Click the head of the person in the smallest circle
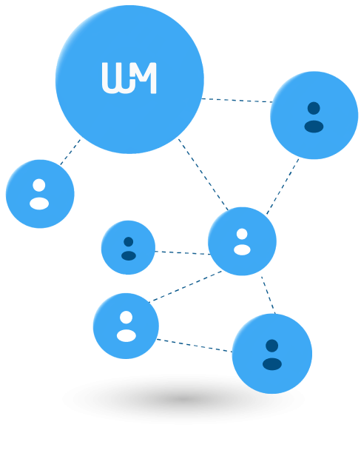point(128,241)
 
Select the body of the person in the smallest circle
point(129,255)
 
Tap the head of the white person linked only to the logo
point(39,185)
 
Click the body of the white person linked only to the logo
point(39,204)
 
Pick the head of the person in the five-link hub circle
point(242,234)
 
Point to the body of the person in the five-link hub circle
point(242,250)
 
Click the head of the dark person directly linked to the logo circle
point(314,108)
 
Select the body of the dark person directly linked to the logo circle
point(314,127)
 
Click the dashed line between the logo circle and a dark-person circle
point(237,100)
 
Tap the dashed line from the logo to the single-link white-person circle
point(70,152)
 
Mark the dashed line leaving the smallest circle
point(183,253)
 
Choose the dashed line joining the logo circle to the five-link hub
point(203,175)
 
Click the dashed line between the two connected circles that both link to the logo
point(283,187)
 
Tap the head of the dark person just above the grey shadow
point(271,346)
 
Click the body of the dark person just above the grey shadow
point(272,364)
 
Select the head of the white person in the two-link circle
point(126,318)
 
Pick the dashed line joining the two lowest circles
point(194,346)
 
